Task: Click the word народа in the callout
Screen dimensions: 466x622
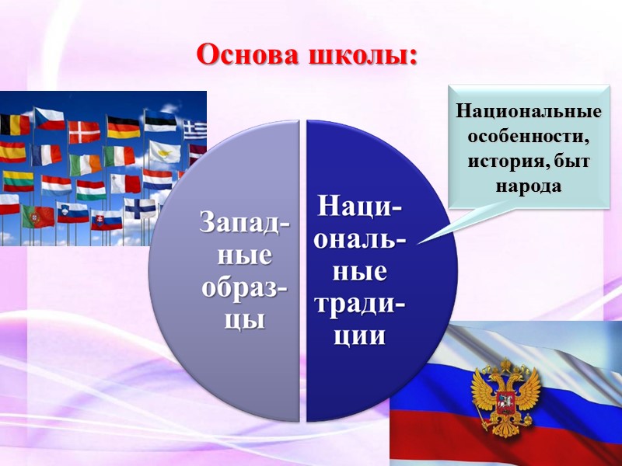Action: click(x=529, y=187)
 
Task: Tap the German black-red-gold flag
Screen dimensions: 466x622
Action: click(x=123, y=127)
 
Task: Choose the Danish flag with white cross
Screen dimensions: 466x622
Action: click(x=84, y=132)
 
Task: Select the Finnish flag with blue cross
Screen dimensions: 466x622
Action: click(x=140, y=207)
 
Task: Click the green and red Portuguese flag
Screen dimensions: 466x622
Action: click(x=37, y=217)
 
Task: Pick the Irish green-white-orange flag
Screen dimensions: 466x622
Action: click(x=85, y=164)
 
